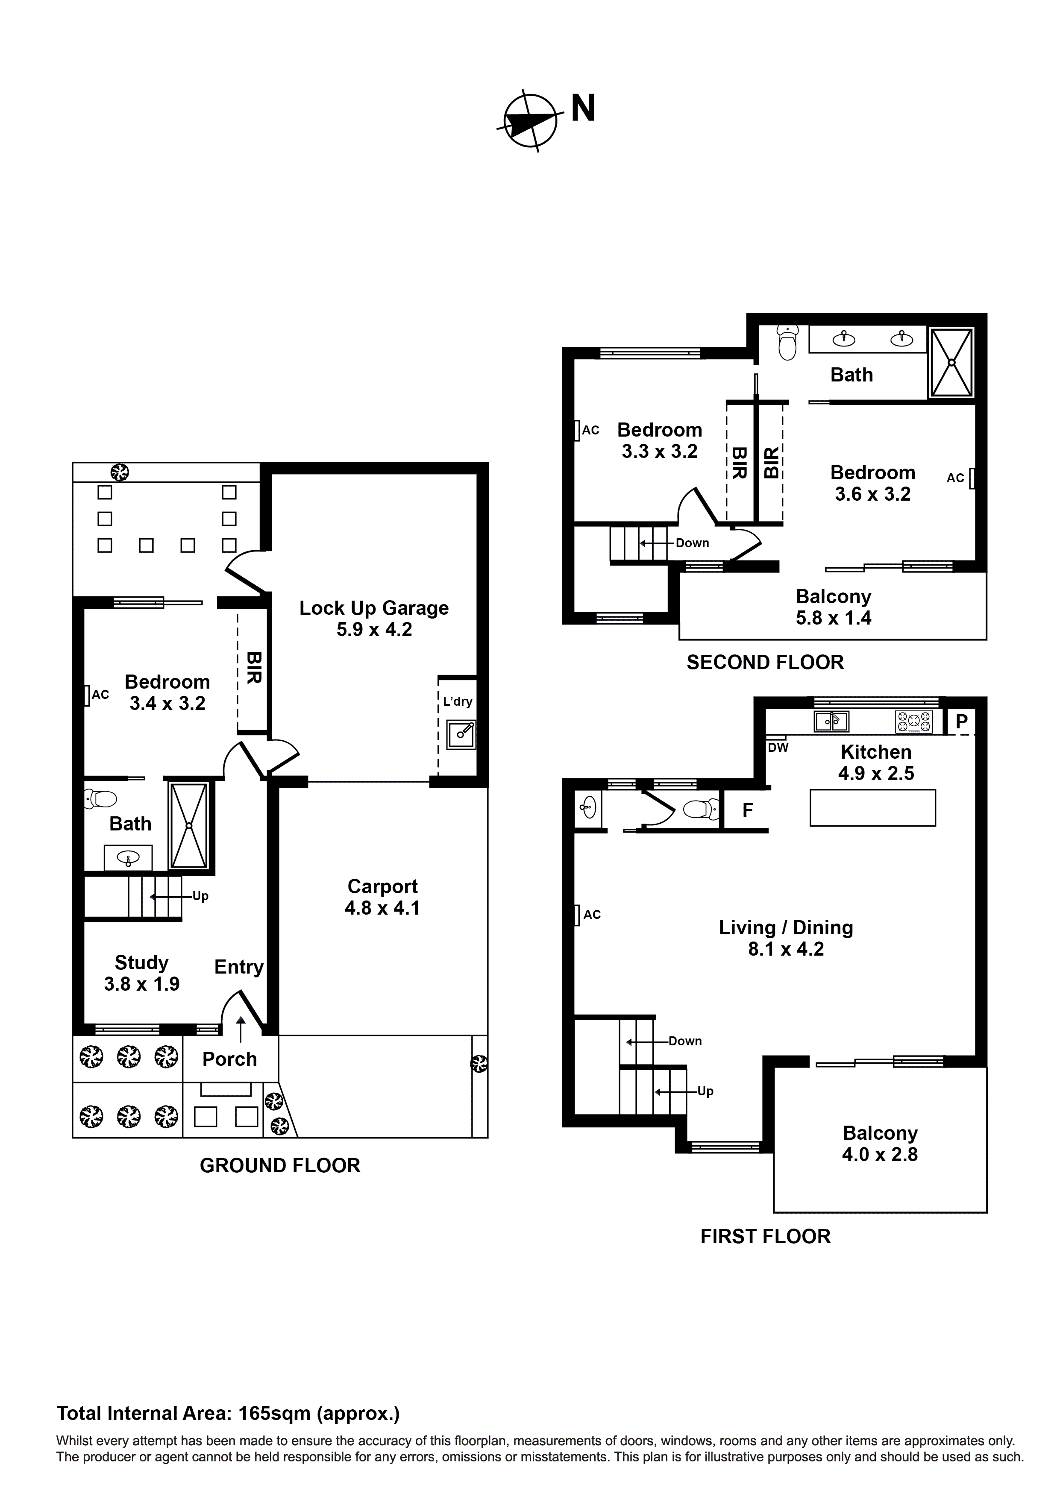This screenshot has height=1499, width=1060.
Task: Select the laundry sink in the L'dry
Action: click(461, 734)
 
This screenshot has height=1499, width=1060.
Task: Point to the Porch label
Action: click(229, 1059)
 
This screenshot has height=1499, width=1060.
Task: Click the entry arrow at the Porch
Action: click(241, 1030)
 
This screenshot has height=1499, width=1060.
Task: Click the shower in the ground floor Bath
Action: click(189, 826)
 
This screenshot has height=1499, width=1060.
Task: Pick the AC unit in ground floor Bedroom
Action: click(87, 695)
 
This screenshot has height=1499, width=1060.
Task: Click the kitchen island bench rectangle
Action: click(872, 808)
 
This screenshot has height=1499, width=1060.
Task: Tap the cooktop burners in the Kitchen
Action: click(913, 722)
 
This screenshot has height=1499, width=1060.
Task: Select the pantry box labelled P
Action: click(961, 722)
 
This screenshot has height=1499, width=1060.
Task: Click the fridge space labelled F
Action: click(747, 810)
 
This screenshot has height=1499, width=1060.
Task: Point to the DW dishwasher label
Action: click(778, 748)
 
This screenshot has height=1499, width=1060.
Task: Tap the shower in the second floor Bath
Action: click(951, 362)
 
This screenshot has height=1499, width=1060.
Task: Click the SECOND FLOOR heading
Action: click(765, 663)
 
